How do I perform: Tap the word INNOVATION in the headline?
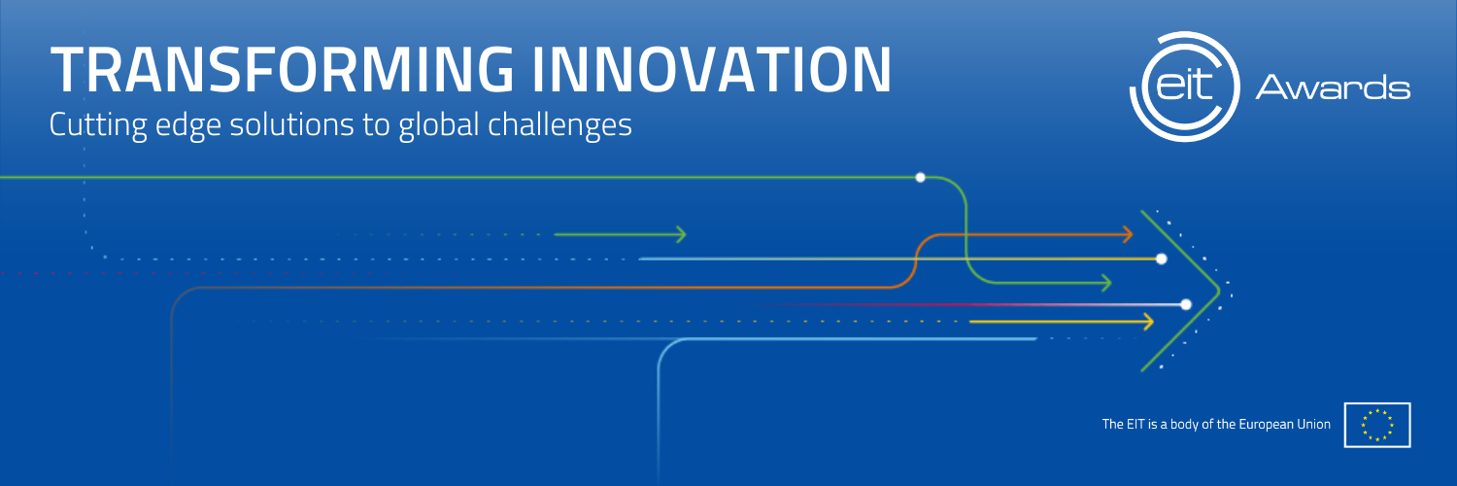click(x=712, y=69)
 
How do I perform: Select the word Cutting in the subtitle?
click(x=97, y=125)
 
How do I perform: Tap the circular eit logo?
click(x=1184, y=87)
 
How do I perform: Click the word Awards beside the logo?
click(x=1333, y=87)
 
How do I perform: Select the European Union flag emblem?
click(x=1377, y=425)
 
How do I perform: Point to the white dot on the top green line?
click(x=921, y=177)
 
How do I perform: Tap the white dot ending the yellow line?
click(x=1161, y=259)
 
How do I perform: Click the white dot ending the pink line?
click(x=1186, y=304)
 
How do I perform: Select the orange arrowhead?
click(x=1128, y=234)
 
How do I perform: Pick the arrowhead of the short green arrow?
click(x=681, y=234)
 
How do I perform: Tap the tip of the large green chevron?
click(x=1219, y=291)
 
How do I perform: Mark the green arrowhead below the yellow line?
click(x=1106, y=283)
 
